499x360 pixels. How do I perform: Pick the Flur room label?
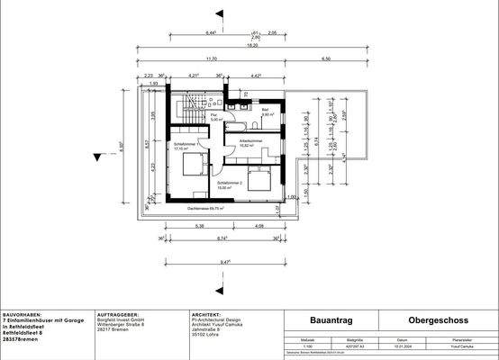pos(215,115)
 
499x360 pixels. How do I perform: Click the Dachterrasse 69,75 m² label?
pos(206,208)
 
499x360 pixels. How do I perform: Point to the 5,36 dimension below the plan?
pos(200,225)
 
